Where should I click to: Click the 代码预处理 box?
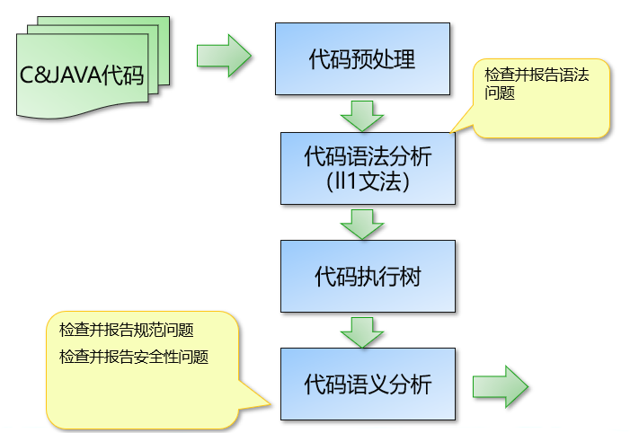click(x=362, y=59)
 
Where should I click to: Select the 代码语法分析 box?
click(x=368, y=169)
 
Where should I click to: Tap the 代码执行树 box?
click(x=368, y=276)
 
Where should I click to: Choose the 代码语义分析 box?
click(x=368, y=384)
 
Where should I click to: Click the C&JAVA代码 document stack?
click(x=85, y=72)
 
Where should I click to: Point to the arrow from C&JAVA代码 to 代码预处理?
click(x=224, y=56)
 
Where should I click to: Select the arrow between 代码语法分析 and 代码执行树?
click(x=362, y=224)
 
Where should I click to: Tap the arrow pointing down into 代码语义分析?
click(x=362, y=331)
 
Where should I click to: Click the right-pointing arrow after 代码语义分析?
click(x=501, y=387)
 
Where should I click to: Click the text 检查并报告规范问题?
click(x=127, y=330)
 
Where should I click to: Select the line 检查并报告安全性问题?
click(x=134, y=357)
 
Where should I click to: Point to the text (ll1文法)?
click(x=368, y=181)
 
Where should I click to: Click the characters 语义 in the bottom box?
click(x=368, y=384)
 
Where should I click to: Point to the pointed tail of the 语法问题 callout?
click(x=455, y=129)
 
